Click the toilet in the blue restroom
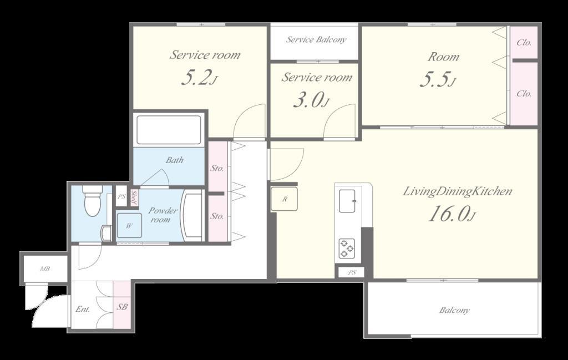tap(92, 201)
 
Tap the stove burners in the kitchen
tap(347, 249)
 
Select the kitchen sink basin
tap(347, 201)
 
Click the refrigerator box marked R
tap(285, 199)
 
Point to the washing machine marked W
tap(129, 225)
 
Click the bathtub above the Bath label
tap(169, 130)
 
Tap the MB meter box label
tap(44, 269)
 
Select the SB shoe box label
tap(122, 307)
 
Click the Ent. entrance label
tap(83, 310)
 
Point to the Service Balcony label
tap(316, 39)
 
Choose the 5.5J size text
tap(437, 79)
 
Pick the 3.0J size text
tap(311, 100)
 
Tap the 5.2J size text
tap(199, 77)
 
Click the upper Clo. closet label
tap(524, 42)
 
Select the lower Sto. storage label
tap(217, 216)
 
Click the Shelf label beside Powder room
tap(134, 197)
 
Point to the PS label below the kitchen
tap(352, 273)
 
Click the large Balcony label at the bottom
tap(454, 310)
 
